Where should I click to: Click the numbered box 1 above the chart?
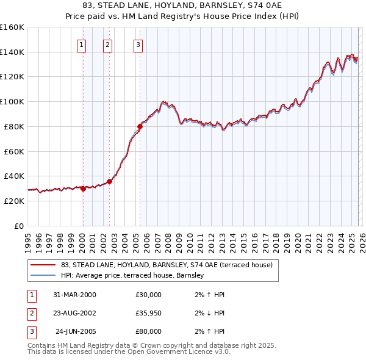tap(81, 45)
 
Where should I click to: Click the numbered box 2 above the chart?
tap(107, 45)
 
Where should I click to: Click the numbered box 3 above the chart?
tap(138, 45)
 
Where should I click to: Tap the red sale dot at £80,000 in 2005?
tap(140, 127)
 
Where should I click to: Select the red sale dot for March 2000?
tap(83, 189)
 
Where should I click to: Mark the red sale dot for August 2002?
tap(109, 181)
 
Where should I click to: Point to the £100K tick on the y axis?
tap(12, 102)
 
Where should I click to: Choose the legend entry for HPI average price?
tap(135, 276)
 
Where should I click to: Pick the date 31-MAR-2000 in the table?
tap(74, 295)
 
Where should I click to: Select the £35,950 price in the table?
tap(148, 313)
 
